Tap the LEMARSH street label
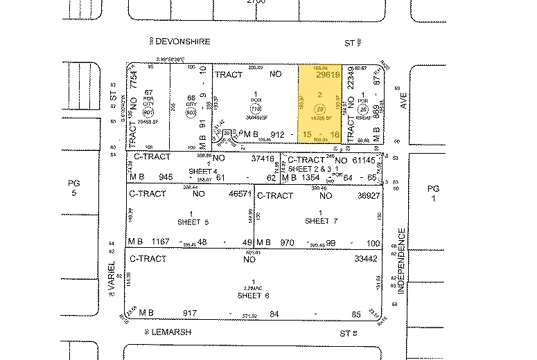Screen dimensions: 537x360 coord(172,332)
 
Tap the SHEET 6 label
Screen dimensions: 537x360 coord(253,296)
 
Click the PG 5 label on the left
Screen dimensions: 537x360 coord(74,188)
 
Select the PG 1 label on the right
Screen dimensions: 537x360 coord(433,193)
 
